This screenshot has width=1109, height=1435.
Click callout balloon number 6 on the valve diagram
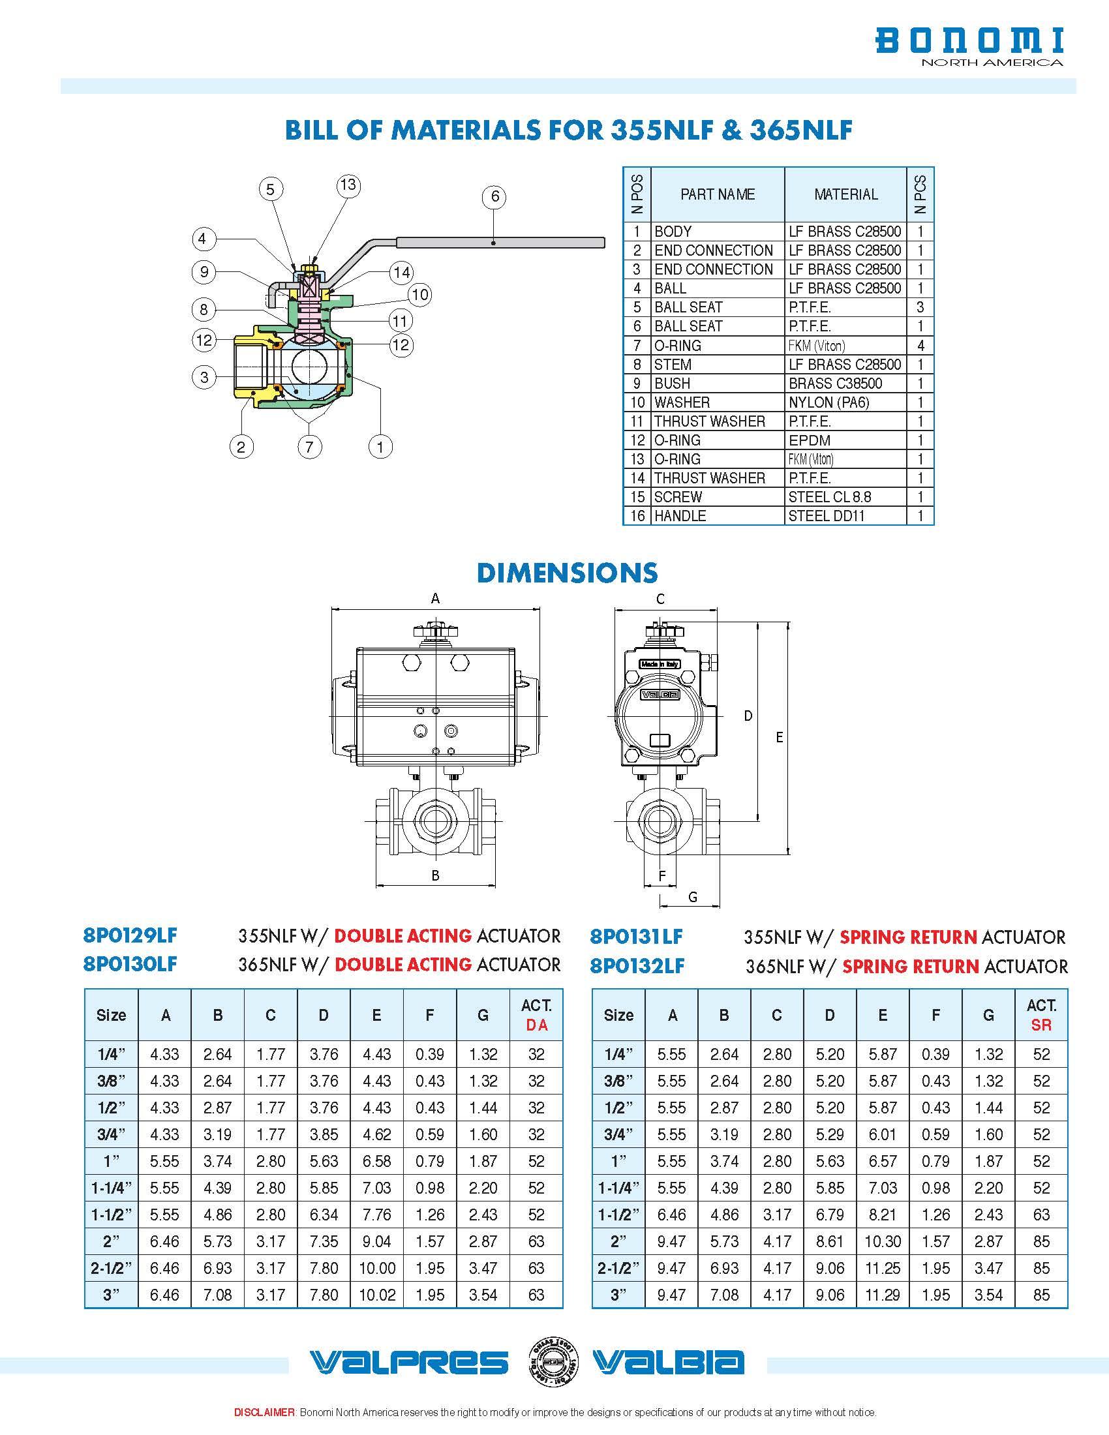coord(494,196)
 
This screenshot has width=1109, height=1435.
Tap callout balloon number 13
coord(348,185)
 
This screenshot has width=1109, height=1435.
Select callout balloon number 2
coord(241,447)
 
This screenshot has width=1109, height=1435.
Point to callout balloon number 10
coord(420,295)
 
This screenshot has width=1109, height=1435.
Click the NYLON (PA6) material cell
coord(828,402)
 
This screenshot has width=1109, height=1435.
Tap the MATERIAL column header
coord(845,194)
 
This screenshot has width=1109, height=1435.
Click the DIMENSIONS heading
coord(567,573)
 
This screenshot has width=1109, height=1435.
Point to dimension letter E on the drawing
coord(779,737)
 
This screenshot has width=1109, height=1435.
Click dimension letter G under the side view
coord(692,897)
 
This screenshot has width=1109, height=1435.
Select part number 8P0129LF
coord(130,935)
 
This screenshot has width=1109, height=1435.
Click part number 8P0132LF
coord(637,966)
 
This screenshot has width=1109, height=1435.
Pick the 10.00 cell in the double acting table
coord(376,1268)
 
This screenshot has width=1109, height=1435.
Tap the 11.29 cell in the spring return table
coord(883,1295)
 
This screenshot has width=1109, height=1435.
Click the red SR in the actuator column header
coord(1041,1025)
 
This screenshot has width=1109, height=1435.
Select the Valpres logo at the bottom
coord(408,1363)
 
